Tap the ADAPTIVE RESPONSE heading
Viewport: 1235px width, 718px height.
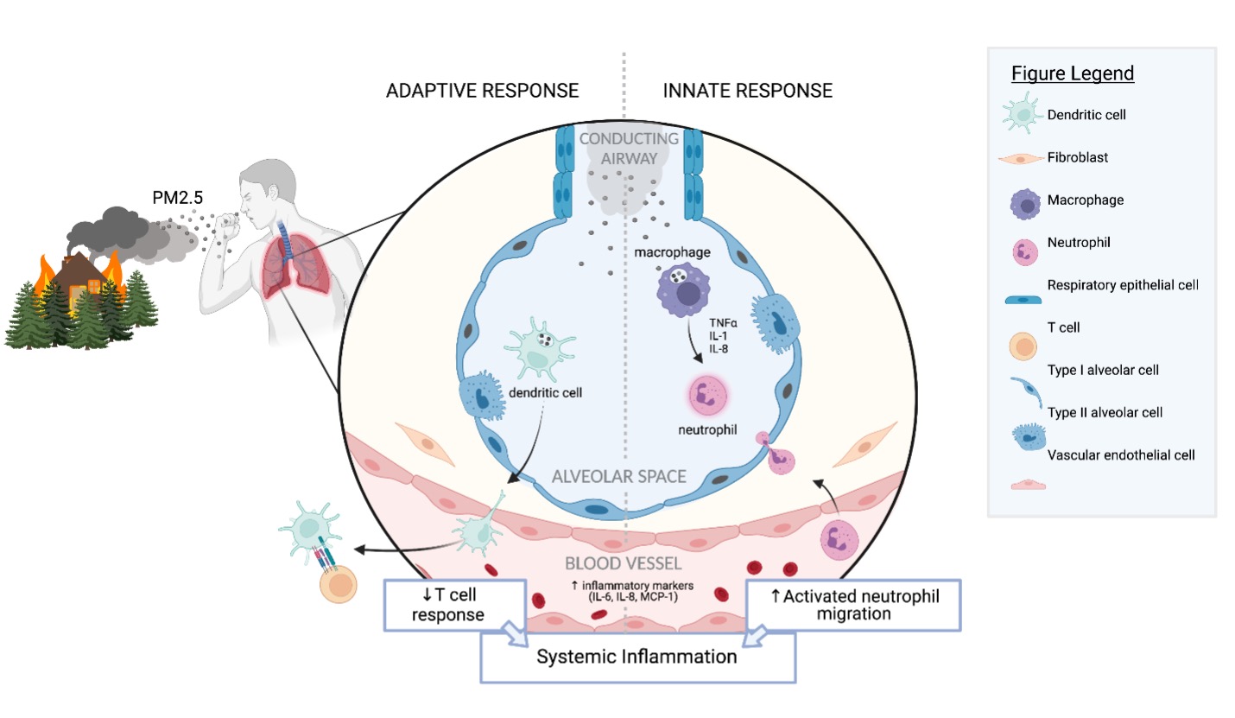click(483, 91)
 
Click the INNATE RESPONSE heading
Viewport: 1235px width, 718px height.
click(747, 91)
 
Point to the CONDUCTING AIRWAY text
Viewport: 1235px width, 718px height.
click(630, 149)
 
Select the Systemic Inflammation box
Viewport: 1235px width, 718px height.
click(636, 657)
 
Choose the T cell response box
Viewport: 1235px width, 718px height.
click(455, 603)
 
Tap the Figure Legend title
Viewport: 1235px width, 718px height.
click(1073, 73)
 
